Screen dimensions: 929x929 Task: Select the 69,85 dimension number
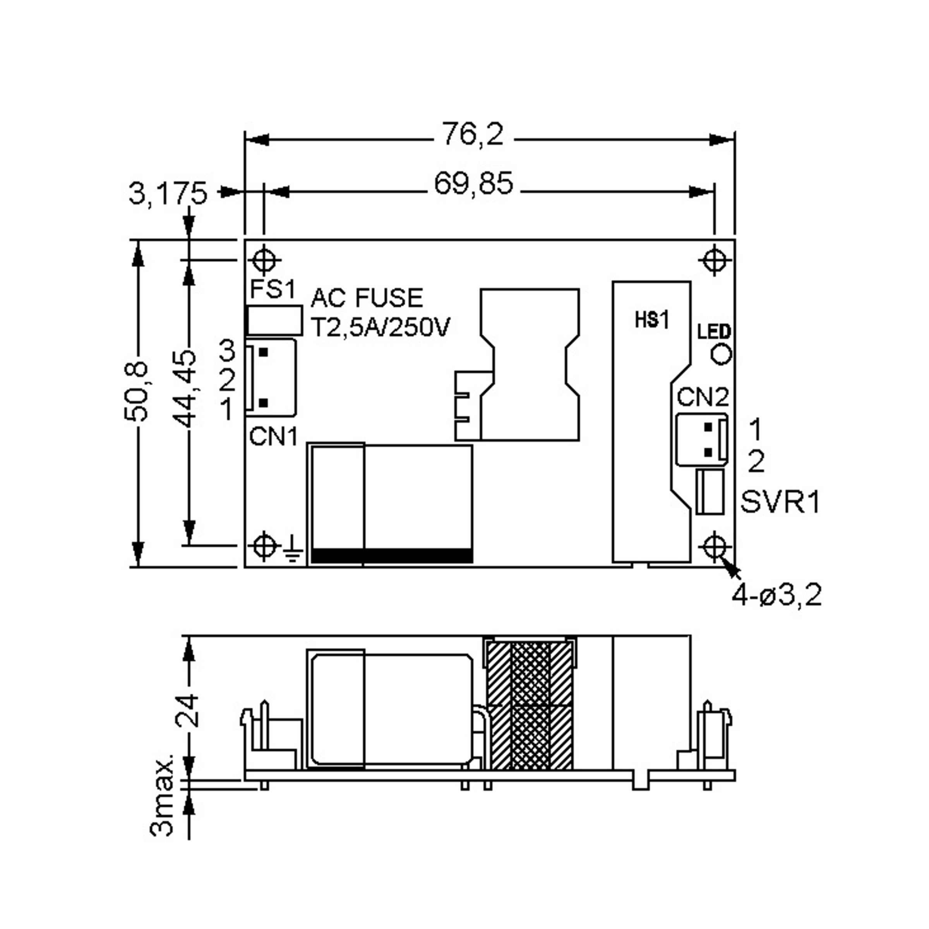[474, 184]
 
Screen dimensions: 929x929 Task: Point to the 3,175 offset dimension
[168, 193]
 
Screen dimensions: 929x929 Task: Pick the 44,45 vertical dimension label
[185, 389]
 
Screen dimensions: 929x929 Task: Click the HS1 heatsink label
[652, 320]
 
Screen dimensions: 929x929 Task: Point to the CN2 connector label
[703, 397]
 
